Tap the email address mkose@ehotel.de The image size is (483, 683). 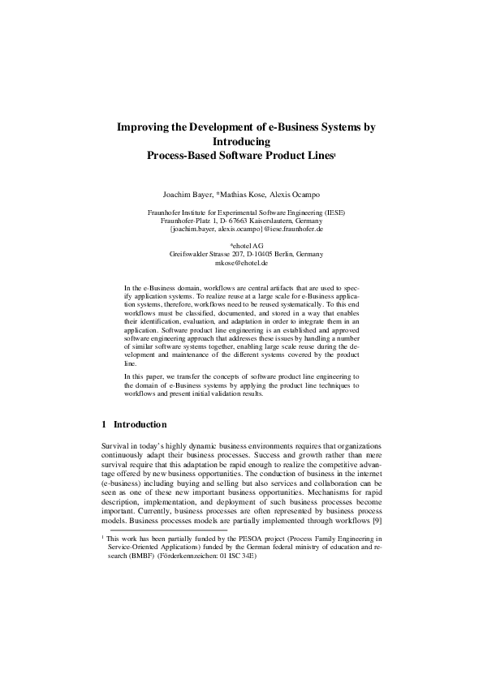click(241, 263)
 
